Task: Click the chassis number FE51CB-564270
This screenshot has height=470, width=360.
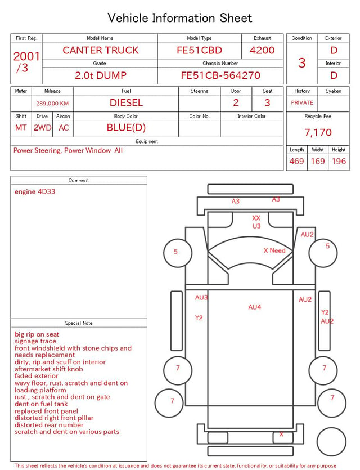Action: pyautogui.click(x=220, y=75)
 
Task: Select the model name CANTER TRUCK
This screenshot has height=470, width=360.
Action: pyautogui.click(x=101, y=50)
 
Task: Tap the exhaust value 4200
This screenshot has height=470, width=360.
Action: pyautogui.click(x=262, y=50)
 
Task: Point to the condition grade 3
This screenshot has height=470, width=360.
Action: pyautogui.click(x=302, y=62)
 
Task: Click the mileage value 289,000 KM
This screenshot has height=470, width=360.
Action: pyautogui.click(x=52, y=104)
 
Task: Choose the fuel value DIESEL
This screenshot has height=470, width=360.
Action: pyautogui.click(x=126, y=103)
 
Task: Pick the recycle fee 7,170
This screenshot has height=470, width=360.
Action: pyautogui.click(x=318, y=132)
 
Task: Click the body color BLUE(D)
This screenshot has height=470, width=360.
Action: pyautogui.click(x=126, y=128)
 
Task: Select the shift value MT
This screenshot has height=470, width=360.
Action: pyautogui.click(x=21, y=128)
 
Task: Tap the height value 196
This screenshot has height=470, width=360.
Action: pyautogui.click(x=339, y=161)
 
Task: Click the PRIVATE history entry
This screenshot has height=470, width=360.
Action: pyautogui.click(x=302, y=102)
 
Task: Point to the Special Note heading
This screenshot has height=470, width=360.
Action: pyautogui.click(x=79, y=323)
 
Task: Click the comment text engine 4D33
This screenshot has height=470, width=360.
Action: pyautogui.click(x=35, y=191)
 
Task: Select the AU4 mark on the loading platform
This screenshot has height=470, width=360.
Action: pyautogui.click(x=255, y=307)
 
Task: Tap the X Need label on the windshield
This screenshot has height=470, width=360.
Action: pyautogui.click(x=274, y=250)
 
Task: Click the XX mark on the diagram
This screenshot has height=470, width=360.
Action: pyautogui.click(x=256, y=218)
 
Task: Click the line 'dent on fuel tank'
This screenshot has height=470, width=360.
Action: pyautogui.click(x=41, y=404)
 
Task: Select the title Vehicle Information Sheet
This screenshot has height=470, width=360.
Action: pyautogui.click(x=179, y=17)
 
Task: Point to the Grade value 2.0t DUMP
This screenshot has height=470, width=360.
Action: pyautogui.click(x=101, y=75)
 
